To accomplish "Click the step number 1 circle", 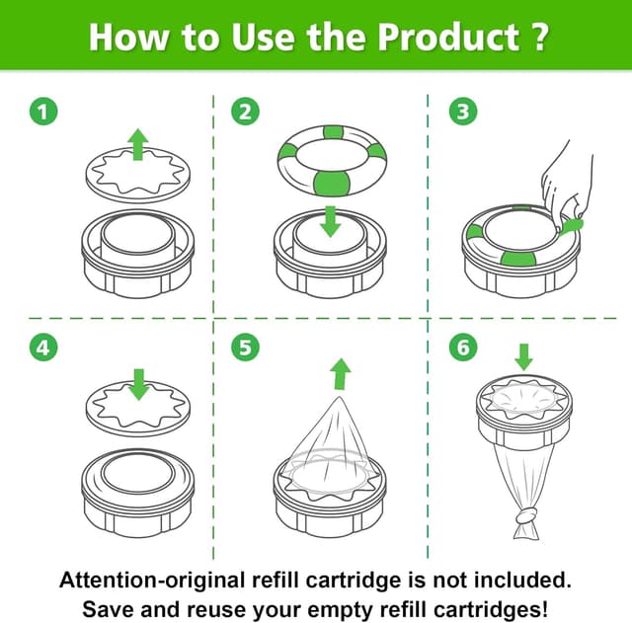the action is tap(43, 112).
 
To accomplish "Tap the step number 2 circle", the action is tap(245, 112).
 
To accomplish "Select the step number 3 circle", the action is tap(463, 112).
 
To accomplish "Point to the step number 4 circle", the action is tap(43, 348).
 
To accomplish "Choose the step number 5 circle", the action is tap(245, 348).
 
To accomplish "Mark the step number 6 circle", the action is tap(463, 348).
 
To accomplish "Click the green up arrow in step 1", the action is tap(138, 145).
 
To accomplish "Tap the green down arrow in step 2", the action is tap(331, 221).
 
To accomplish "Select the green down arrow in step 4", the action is tap(139, 384).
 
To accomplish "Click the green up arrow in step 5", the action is tap(341, 374).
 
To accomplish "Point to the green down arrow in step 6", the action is tap(524, 357).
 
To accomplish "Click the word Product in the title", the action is tap(448, 38).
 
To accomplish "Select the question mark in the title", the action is tap(537, 38).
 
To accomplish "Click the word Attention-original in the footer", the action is tap(152, 581).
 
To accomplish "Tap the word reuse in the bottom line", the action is tap(216, 610).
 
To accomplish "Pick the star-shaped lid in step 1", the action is tap(138, 175).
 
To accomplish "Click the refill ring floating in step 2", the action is tap(332, 160).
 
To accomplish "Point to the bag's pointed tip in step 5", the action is tap(340, 397).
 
